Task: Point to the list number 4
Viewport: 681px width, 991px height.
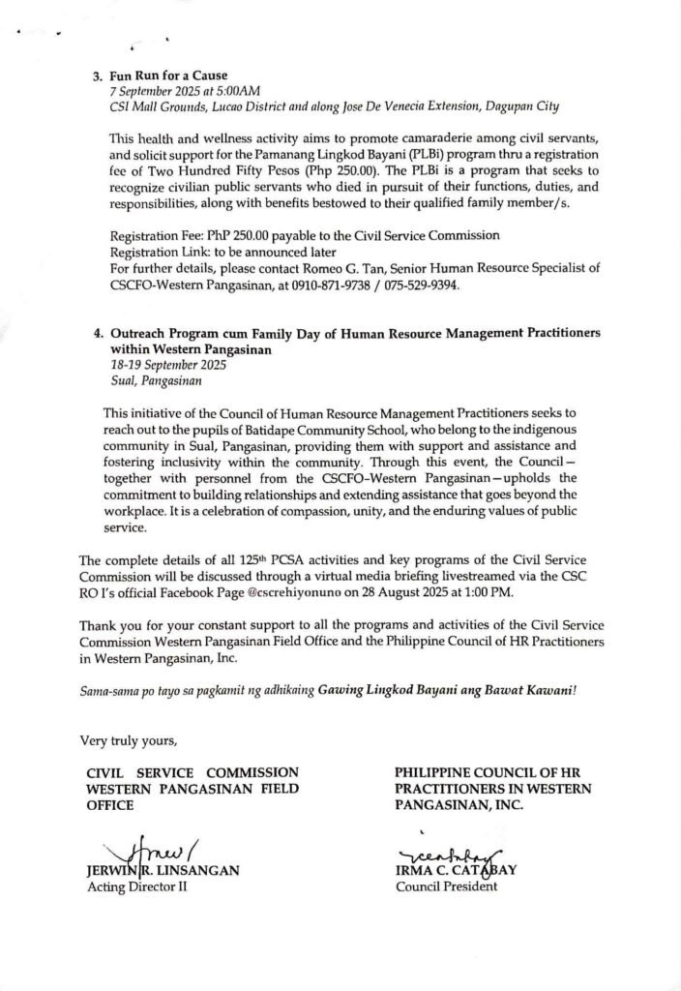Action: (x=98, y=332)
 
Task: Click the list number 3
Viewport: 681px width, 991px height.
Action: (x=98, y=75)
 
